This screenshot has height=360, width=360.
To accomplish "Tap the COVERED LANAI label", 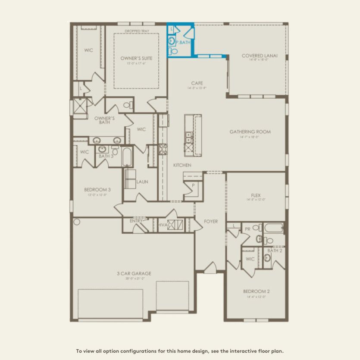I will coord(260,56).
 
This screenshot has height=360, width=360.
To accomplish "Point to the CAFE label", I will coord(197,83).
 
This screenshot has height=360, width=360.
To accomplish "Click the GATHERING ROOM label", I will coord(250,132).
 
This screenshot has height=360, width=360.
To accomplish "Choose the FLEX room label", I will coord(256,195).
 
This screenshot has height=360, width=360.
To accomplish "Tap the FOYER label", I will coord(211,222).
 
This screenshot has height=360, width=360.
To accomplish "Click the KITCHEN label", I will coord(182,166).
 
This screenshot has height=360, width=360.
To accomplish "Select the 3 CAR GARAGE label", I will coord(134,273).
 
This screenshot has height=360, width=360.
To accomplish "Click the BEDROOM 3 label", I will coord(97,189).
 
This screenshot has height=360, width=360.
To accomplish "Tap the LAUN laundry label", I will coord(142,182).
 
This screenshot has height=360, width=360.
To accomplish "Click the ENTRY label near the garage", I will coord(136,221).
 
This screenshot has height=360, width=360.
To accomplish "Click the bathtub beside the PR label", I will coord(273,228).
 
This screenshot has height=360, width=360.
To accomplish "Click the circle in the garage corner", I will coord(77,222).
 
